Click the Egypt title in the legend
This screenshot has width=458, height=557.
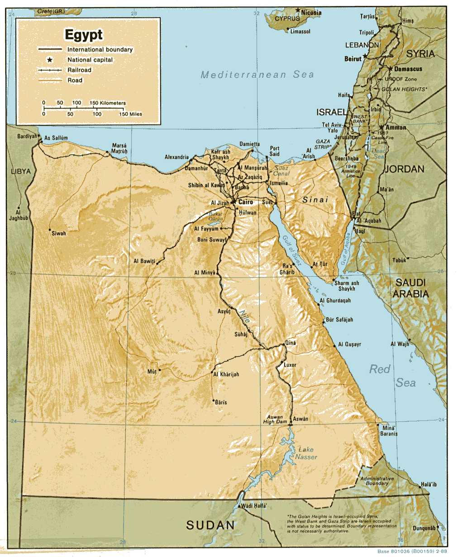(84, 35)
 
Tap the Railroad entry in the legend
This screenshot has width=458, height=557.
(79, 70)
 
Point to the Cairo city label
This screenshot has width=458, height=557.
(245, 202)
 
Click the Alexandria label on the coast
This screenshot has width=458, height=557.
(177, 157)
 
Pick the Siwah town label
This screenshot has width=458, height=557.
(58, 233)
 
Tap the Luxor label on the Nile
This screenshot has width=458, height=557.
(290, 365)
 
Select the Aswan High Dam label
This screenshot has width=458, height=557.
(275, 420)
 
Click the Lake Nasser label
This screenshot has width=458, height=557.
(306, 453)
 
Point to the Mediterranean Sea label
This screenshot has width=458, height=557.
(257, 75)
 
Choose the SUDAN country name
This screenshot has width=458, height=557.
(210, 525)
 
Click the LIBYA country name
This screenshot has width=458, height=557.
(21, 171)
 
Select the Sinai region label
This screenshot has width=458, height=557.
(315, 199)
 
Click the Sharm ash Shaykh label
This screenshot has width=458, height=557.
(347, 286)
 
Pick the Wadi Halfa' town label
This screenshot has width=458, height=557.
(254, 505)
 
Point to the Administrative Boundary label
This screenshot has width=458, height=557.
(377, 481)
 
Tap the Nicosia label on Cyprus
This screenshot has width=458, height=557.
(311, 13)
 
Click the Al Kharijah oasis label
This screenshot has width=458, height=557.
(226, 374)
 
